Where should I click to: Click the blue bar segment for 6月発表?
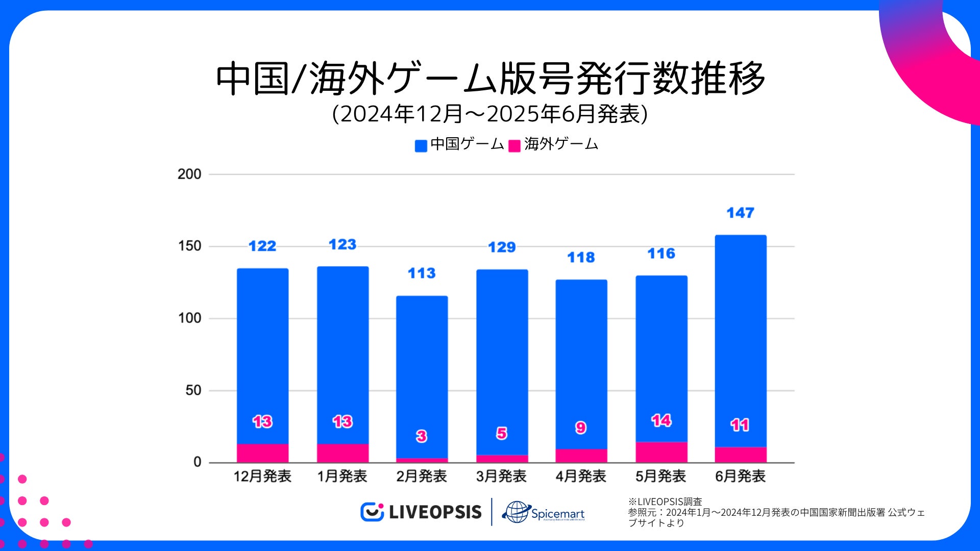click(741, 341)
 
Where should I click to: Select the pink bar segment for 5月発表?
click(661, 452)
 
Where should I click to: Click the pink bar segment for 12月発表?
click(262, 453)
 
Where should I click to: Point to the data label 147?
click(740, 213)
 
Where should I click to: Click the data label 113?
click(422, 273)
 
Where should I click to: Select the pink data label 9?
click(581, 428)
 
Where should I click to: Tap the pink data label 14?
click(661, 420)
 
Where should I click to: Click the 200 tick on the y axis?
click(189, 174)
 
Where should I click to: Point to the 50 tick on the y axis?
click(193, 390)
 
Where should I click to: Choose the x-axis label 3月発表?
click(501, 476)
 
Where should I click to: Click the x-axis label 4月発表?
click(581, 476)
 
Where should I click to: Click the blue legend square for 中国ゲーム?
click(421, 146)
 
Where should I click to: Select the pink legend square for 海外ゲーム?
click(514, 146)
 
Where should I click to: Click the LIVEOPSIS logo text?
click(435, 512)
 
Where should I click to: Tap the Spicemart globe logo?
click(517, 512)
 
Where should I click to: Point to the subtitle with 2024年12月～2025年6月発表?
click(490, 114)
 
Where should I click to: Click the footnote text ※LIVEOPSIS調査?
click(665, 502)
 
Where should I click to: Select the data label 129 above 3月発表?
click(502, 247)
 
